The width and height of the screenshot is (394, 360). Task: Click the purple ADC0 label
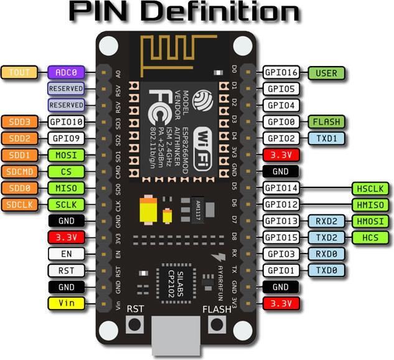pos(66,72)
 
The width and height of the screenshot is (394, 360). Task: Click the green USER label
pos(326,73)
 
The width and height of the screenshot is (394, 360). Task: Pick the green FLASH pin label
pos(326,121)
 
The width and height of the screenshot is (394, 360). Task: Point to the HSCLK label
pos(370,188)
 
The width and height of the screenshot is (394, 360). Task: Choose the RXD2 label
pos(326,221)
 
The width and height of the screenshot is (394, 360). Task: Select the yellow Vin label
pos(66,303)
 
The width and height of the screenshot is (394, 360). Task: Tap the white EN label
pos(66,254)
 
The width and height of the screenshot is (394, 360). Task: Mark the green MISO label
pos(66,187)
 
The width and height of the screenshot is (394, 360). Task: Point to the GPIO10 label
pos(66,121)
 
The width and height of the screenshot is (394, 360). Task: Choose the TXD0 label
pos(326,270)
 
